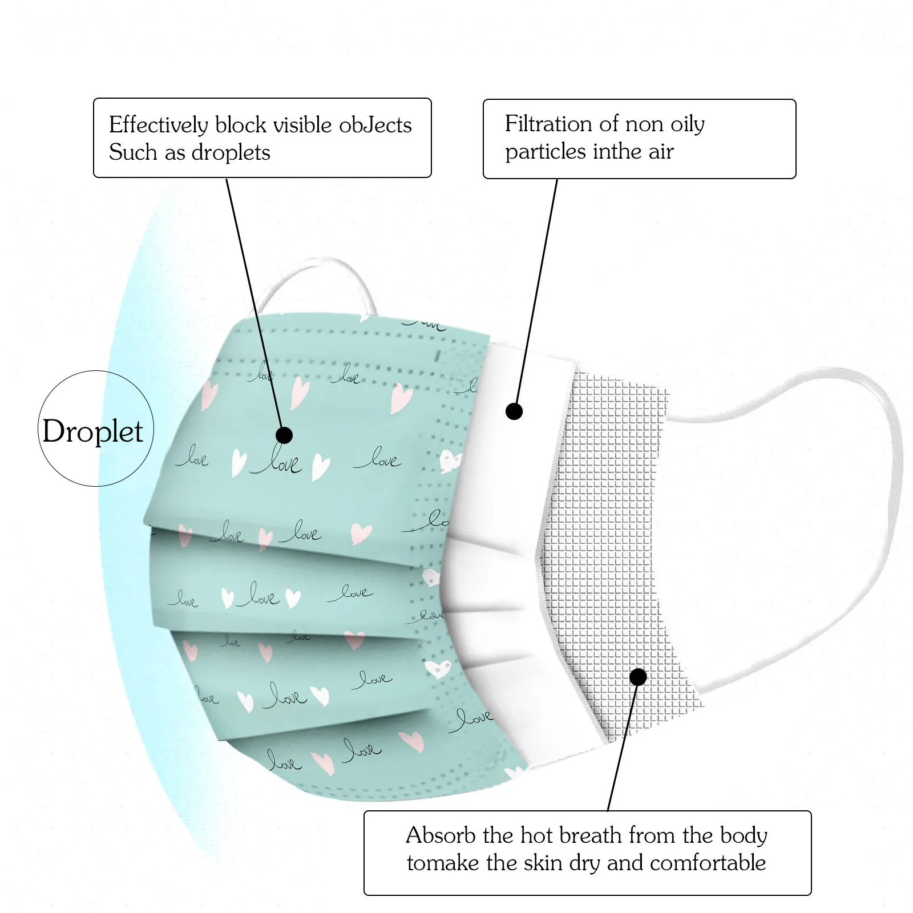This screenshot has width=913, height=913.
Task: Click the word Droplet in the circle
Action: point(92,431)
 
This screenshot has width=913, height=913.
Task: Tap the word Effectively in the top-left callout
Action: point(158,125)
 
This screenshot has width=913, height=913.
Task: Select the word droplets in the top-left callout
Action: point(231,153)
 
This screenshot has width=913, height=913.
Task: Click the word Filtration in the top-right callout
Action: point(548,124)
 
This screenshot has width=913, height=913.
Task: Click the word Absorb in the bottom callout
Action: point(441,835)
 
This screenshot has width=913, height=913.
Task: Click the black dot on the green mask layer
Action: point(284,435)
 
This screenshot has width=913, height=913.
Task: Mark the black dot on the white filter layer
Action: point(514,411)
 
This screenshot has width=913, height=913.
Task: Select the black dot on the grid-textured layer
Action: point(638,677)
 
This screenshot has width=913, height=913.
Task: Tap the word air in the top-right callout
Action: point(660,152)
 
